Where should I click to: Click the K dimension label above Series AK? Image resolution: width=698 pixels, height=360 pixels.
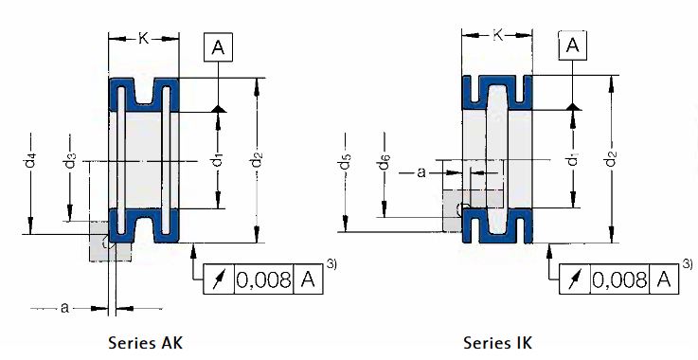pos(143,39)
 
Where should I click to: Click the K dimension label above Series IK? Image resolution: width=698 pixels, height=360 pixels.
pos(498,35)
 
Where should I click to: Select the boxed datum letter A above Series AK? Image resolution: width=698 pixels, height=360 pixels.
pos(218,46)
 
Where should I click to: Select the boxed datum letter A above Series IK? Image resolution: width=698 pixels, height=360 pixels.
pos(572,45)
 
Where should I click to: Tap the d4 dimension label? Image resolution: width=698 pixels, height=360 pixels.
pos(30,160)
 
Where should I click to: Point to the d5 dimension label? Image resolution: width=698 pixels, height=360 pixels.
pos(346,161)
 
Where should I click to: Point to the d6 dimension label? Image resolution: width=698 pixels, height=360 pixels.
pos(384,162)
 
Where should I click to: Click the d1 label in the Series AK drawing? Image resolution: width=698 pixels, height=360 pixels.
pos(217,159)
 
